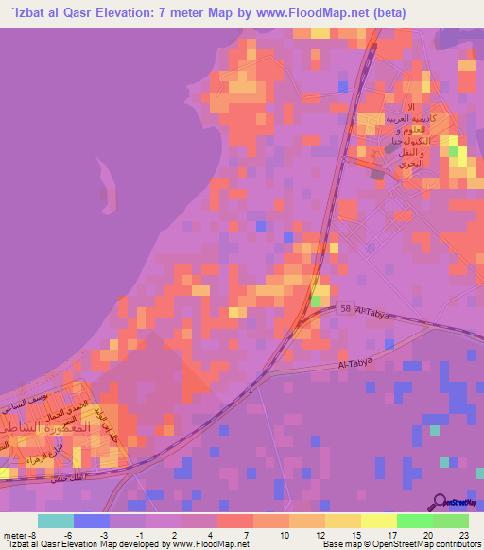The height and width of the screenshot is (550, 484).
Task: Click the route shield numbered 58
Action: coord(346,308)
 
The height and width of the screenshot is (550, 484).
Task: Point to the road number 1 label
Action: coord(251,389)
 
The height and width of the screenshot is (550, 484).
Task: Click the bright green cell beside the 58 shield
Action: coord(316,301)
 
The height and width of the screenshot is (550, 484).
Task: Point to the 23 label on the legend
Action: coord(463,533)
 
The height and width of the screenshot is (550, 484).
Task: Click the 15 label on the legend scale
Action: coord(355,533)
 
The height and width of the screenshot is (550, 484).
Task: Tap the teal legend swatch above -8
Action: coord(56,521)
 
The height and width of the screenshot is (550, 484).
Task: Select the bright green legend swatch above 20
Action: coord(414,521)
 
